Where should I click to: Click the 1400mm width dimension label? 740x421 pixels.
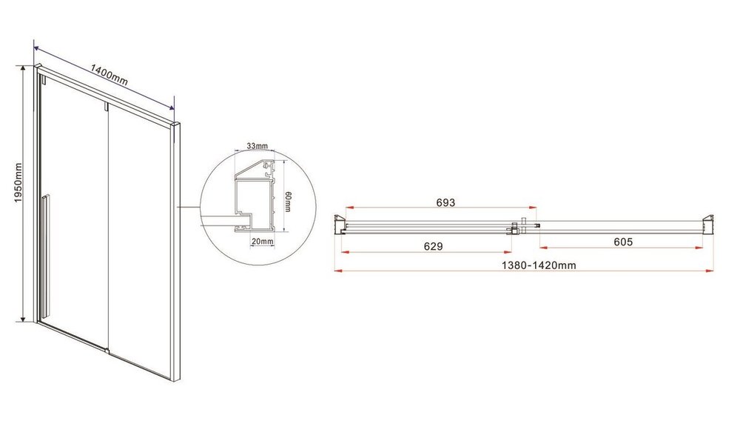pyautogui.click(x=109, y=75)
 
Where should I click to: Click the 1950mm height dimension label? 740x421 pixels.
pyautogui.click(x=18, y=183)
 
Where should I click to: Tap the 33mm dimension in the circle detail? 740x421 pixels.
pyautogui.click(x=258, y=146)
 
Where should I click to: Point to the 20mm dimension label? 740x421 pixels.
pyautogui.click(x=263, y=242)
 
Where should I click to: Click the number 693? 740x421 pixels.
pyautogui.click(x=445, y=202)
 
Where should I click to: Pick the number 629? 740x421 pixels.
pyautogui.click(x=433, y=246)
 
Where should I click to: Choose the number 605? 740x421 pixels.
pyautogui.click(x=623, y=242)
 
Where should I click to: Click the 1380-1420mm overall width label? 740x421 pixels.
pyautogui.click(x=539, y=265)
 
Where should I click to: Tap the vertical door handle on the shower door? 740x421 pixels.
pyautogui.click(x=44, y=255)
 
